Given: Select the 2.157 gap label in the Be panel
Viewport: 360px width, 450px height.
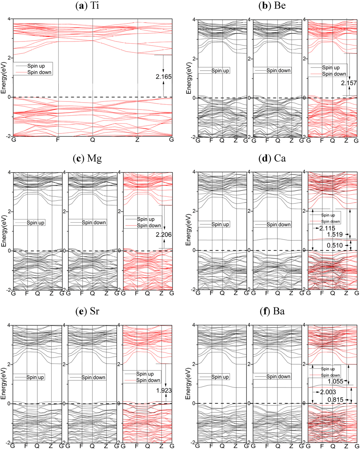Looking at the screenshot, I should (x=349, y=83).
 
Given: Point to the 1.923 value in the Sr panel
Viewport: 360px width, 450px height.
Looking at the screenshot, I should (x=163, y=390).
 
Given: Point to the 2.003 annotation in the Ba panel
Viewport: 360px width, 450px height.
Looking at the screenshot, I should (x=328, y=392).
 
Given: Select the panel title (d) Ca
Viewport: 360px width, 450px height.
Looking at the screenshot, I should (x=272, y=158).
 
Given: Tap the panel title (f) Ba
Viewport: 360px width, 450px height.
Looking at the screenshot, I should (x=272, y=311).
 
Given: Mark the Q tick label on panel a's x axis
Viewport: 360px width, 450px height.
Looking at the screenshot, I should (x=93, y=140).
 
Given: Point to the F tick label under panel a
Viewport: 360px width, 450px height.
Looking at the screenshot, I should (x=58, y=140).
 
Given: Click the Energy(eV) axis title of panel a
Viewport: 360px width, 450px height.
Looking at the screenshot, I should (x=4, y=78).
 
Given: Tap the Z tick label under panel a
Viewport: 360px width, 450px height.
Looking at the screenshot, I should (x=137, y=140).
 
